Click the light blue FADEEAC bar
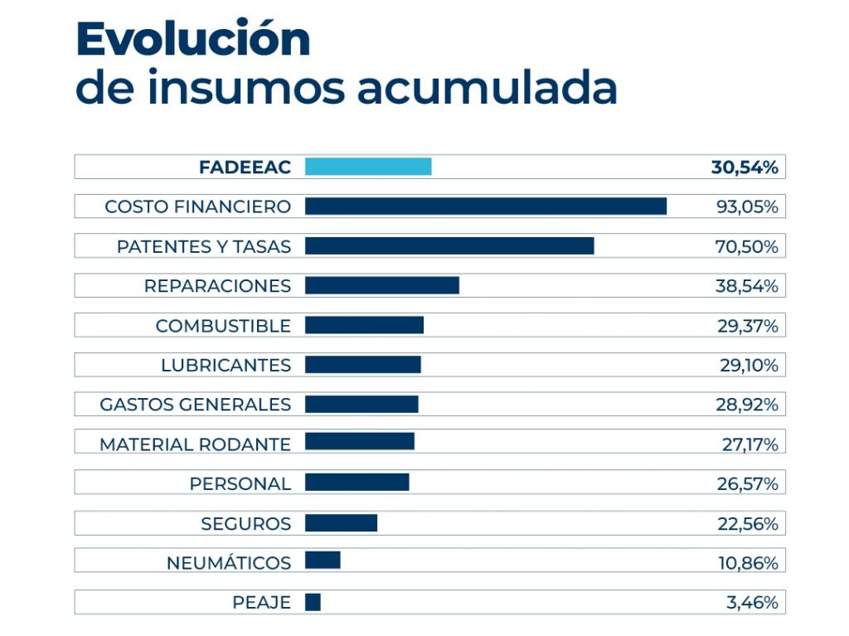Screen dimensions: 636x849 [x=368, y=167]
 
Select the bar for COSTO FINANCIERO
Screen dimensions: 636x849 [x=486, y=206]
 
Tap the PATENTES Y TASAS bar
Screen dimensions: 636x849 [x=449, y=246]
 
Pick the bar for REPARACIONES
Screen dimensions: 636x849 [x=382, y=285]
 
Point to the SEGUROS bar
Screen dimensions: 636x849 [x=341, y=523]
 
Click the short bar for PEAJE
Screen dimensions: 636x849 [x=313, y=602]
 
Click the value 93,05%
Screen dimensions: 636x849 [x=747, y=206]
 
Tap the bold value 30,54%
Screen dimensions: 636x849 [x=745, y=167]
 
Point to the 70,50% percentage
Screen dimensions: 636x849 [x=747, y=246]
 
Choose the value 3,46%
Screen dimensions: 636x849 [x=752, y=603]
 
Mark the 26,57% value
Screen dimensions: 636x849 [x=747, y=483]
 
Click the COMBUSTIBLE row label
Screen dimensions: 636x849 [x=223, y=326]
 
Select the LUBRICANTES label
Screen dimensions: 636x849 [x=226, y=365]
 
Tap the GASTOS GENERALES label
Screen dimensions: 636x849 [x=195, y=405]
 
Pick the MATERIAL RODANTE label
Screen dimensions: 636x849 [x=195, y=444]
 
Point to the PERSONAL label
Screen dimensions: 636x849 [x=240, y=483]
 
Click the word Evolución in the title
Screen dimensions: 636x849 [x=192, y=39]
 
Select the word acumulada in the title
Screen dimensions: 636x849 [x=488, y=89]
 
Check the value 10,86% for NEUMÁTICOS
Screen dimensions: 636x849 [x=747, y=563]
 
